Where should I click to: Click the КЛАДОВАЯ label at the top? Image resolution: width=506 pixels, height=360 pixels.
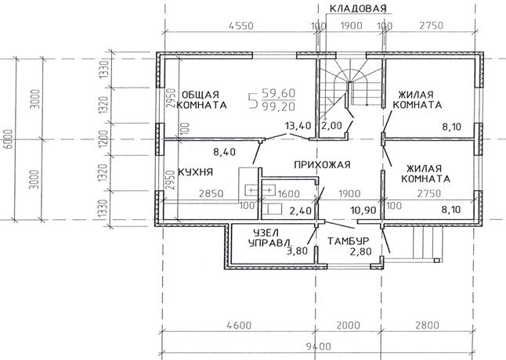358,9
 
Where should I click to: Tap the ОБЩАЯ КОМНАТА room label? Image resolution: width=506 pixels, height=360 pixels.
202,100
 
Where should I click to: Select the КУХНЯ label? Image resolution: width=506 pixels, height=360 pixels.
196,171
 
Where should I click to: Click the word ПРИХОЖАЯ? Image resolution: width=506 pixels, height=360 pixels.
322,164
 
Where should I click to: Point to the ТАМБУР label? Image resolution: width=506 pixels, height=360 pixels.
349,241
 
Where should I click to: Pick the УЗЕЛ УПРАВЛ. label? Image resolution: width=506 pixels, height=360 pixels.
271,238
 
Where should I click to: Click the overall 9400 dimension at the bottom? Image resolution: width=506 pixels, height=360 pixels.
318,347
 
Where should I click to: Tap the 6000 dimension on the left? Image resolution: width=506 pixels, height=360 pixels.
9,139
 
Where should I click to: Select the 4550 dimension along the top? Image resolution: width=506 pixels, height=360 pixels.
240,26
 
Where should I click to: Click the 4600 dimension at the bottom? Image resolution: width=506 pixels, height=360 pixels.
238,326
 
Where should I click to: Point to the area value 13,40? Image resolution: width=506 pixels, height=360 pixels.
298,126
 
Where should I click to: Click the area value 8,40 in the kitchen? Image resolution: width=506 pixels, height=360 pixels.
224,152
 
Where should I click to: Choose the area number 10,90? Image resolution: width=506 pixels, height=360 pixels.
363,211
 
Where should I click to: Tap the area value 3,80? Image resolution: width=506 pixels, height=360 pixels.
297,250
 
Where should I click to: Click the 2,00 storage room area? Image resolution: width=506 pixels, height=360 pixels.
332,126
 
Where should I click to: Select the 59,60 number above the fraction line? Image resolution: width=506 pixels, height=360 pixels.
279,93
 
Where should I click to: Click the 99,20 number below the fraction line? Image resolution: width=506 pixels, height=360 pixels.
279,106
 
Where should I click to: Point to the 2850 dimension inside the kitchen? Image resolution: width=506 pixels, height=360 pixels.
211,193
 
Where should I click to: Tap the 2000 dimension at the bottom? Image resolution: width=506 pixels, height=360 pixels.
348,326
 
